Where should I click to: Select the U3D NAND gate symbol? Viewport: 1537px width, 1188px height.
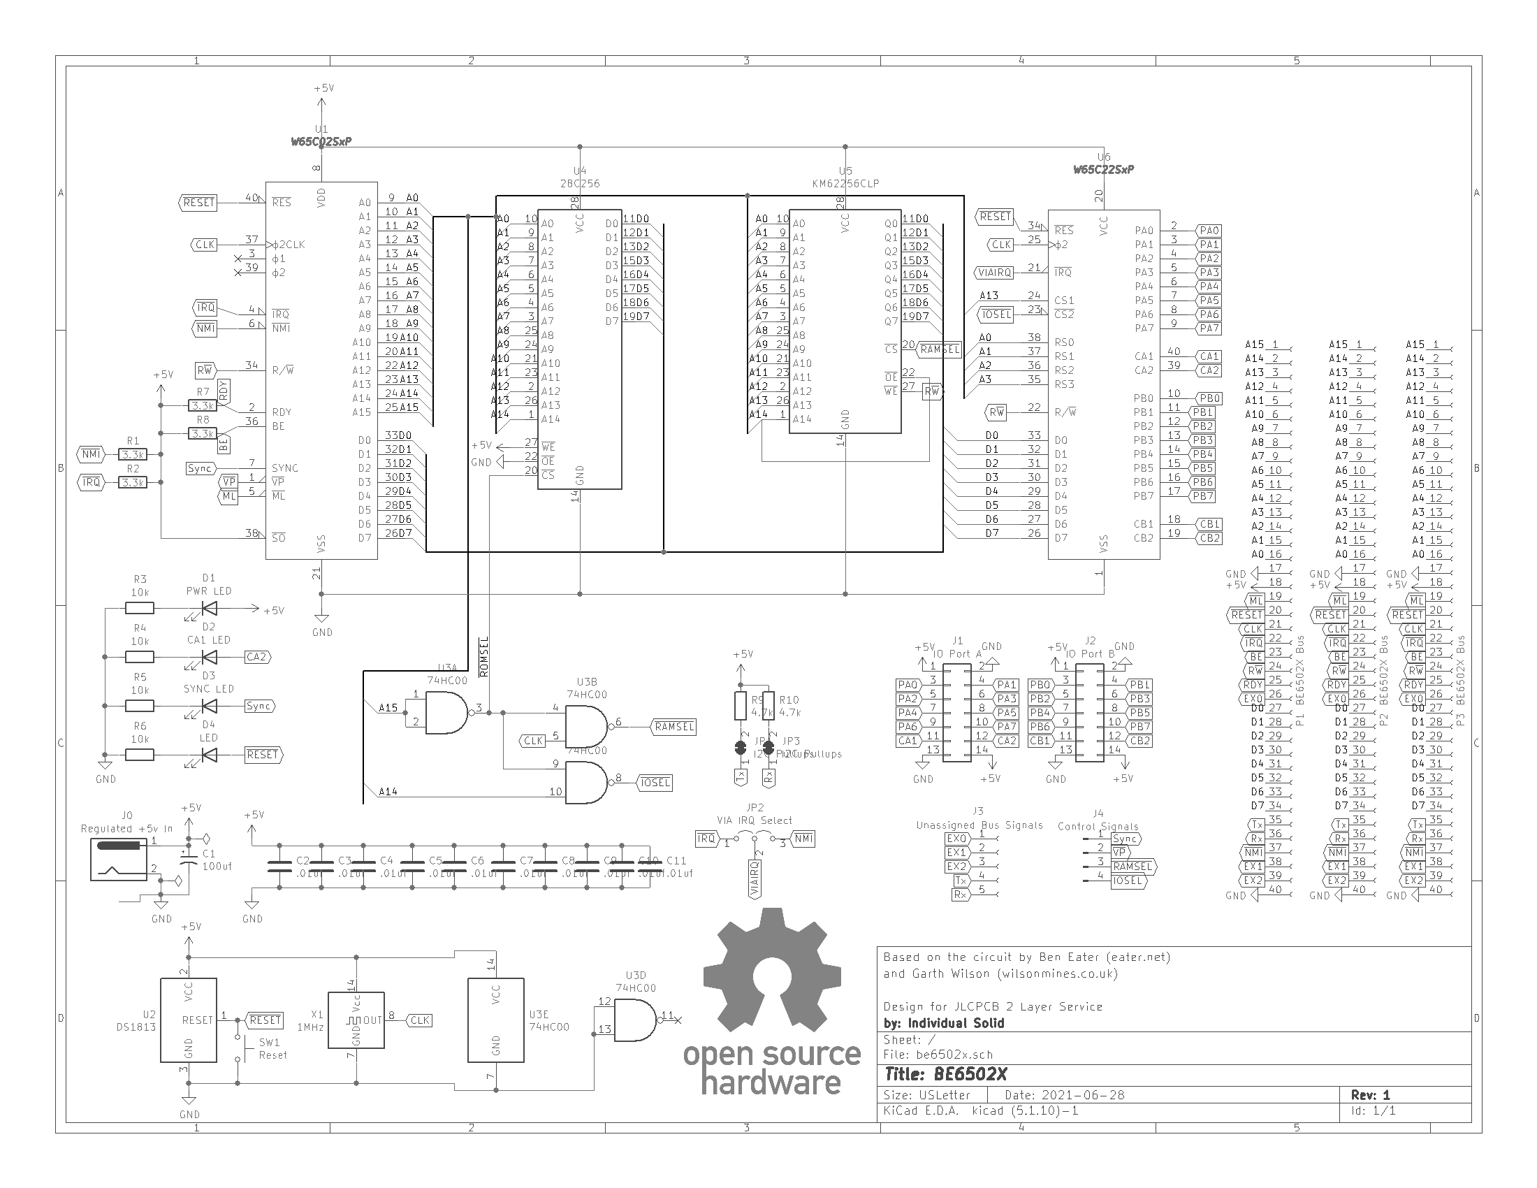click(x=636, y=1021)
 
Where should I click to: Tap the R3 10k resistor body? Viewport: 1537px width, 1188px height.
click(x=140, y=609)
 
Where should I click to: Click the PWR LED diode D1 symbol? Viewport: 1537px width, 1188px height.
click(x=209, y=609)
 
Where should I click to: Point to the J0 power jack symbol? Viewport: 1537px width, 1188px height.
click(x=119, y=860)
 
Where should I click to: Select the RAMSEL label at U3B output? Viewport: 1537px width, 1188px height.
click(x=674, y=727)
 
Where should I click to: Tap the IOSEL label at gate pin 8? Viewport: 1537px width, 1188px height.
click(x=655, y=783)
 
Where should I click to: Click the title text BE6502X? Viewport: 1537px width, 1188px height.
click(x=970, y=1075)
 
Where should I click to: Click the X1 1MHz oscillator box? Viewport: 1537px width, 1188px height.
click(x=356, y=1020)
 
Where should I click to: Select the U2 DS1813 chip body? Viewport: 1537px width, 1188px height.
click(x=189, y=1020)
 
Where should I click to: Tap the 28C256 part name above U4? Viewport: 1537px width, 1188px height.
click(x=580, y=184)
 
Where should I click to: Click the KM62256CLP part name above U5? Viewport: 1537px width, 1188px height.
click(x=845, y=184)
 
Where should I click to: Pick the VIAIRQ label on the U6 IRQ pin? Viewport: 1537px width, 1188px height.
click(x=994, y=273)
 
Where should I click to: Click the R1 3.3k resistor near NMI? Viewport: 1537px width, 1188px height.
click(x=133, y=455)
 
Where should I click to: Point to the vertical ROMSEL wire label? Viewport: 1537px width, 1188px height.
click(x=484, y=658)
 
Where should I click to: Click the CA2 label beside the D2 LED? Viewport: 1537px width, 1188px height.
click(x=257, y=657)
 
